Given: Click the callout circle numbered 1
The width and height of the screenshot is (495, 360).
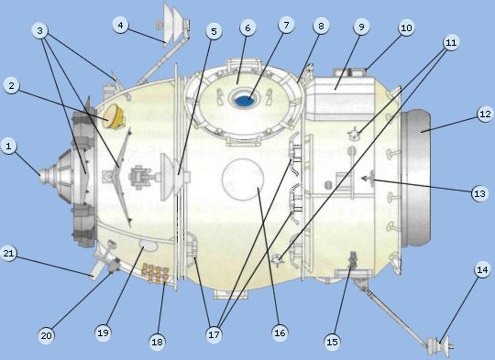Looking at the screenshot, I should (10, 146).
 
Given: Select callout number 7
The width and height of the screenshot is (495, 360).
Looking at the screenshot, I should (287, 26).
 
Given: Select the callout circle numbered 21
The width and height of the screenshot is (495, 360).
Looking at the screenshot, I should (10, 257).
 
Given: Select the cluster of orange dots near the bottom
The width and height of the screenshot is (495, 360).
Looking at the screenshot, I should (156, 273).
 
